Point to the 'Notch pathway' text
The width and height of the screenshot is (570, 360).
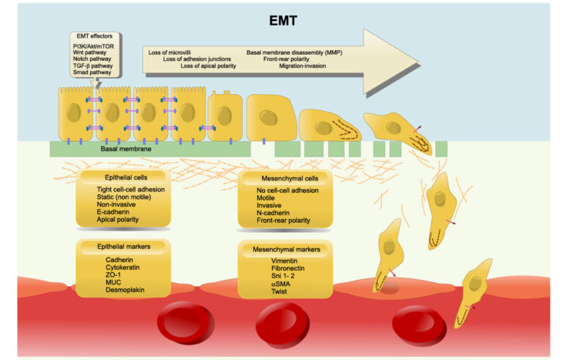tap(84, 61)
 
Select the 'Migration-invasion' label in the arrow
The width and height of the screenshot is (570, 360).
tap(306, 66)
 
